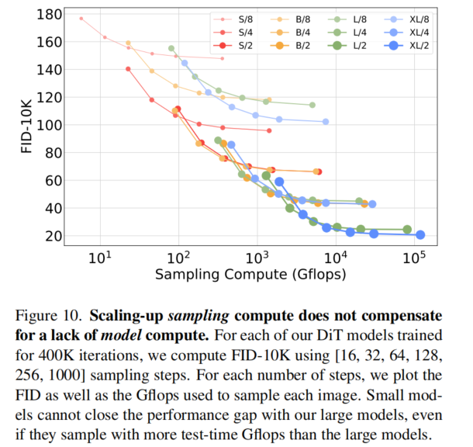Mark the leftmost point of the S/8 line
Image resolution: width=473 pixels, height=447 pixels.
click(x=81, y=18)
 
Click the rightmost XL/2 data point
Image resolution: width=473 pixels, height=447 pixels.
click(x=420, y=234)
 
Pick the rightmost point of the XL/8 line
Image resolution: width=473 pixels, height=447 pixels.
click(x=326, y=122)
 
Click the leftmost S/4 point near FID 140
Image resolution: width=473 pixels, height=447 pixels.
click(x=128, y=69)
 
